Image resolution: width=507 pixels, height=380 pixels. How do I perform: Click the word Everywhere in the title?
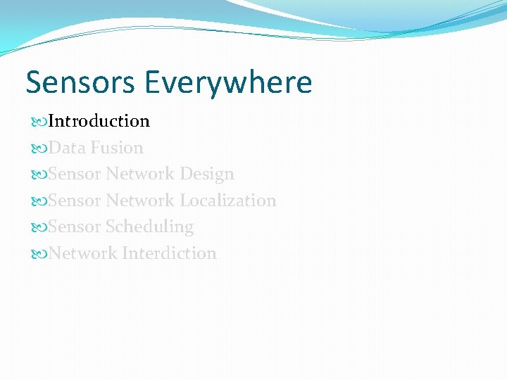[228, 82]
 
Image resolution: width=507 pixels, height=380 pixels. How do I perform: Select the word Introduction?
[99, 121]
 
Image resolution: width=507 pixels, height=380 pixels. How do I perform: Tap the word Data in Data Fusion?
[67, 148]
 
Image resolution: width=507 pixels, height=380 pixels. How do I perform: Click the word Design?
[206, 174]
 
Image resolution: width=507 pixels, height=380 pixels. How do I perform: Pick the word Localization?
[227, 201]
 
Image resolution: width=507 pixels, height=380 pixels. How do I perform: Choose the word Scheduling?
[149, 227]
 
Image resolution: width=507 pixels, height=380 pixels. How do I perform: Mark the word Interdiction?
[169, 253]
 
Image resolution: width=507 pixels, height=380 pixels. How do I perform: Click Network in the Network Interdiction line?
[83, 253]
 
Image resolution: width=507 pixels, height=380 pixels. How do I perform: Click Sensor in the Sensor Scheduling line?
[75, 227]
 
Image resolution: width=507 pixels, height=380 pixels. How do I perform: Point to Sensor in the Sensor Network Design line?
[75, 174]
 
